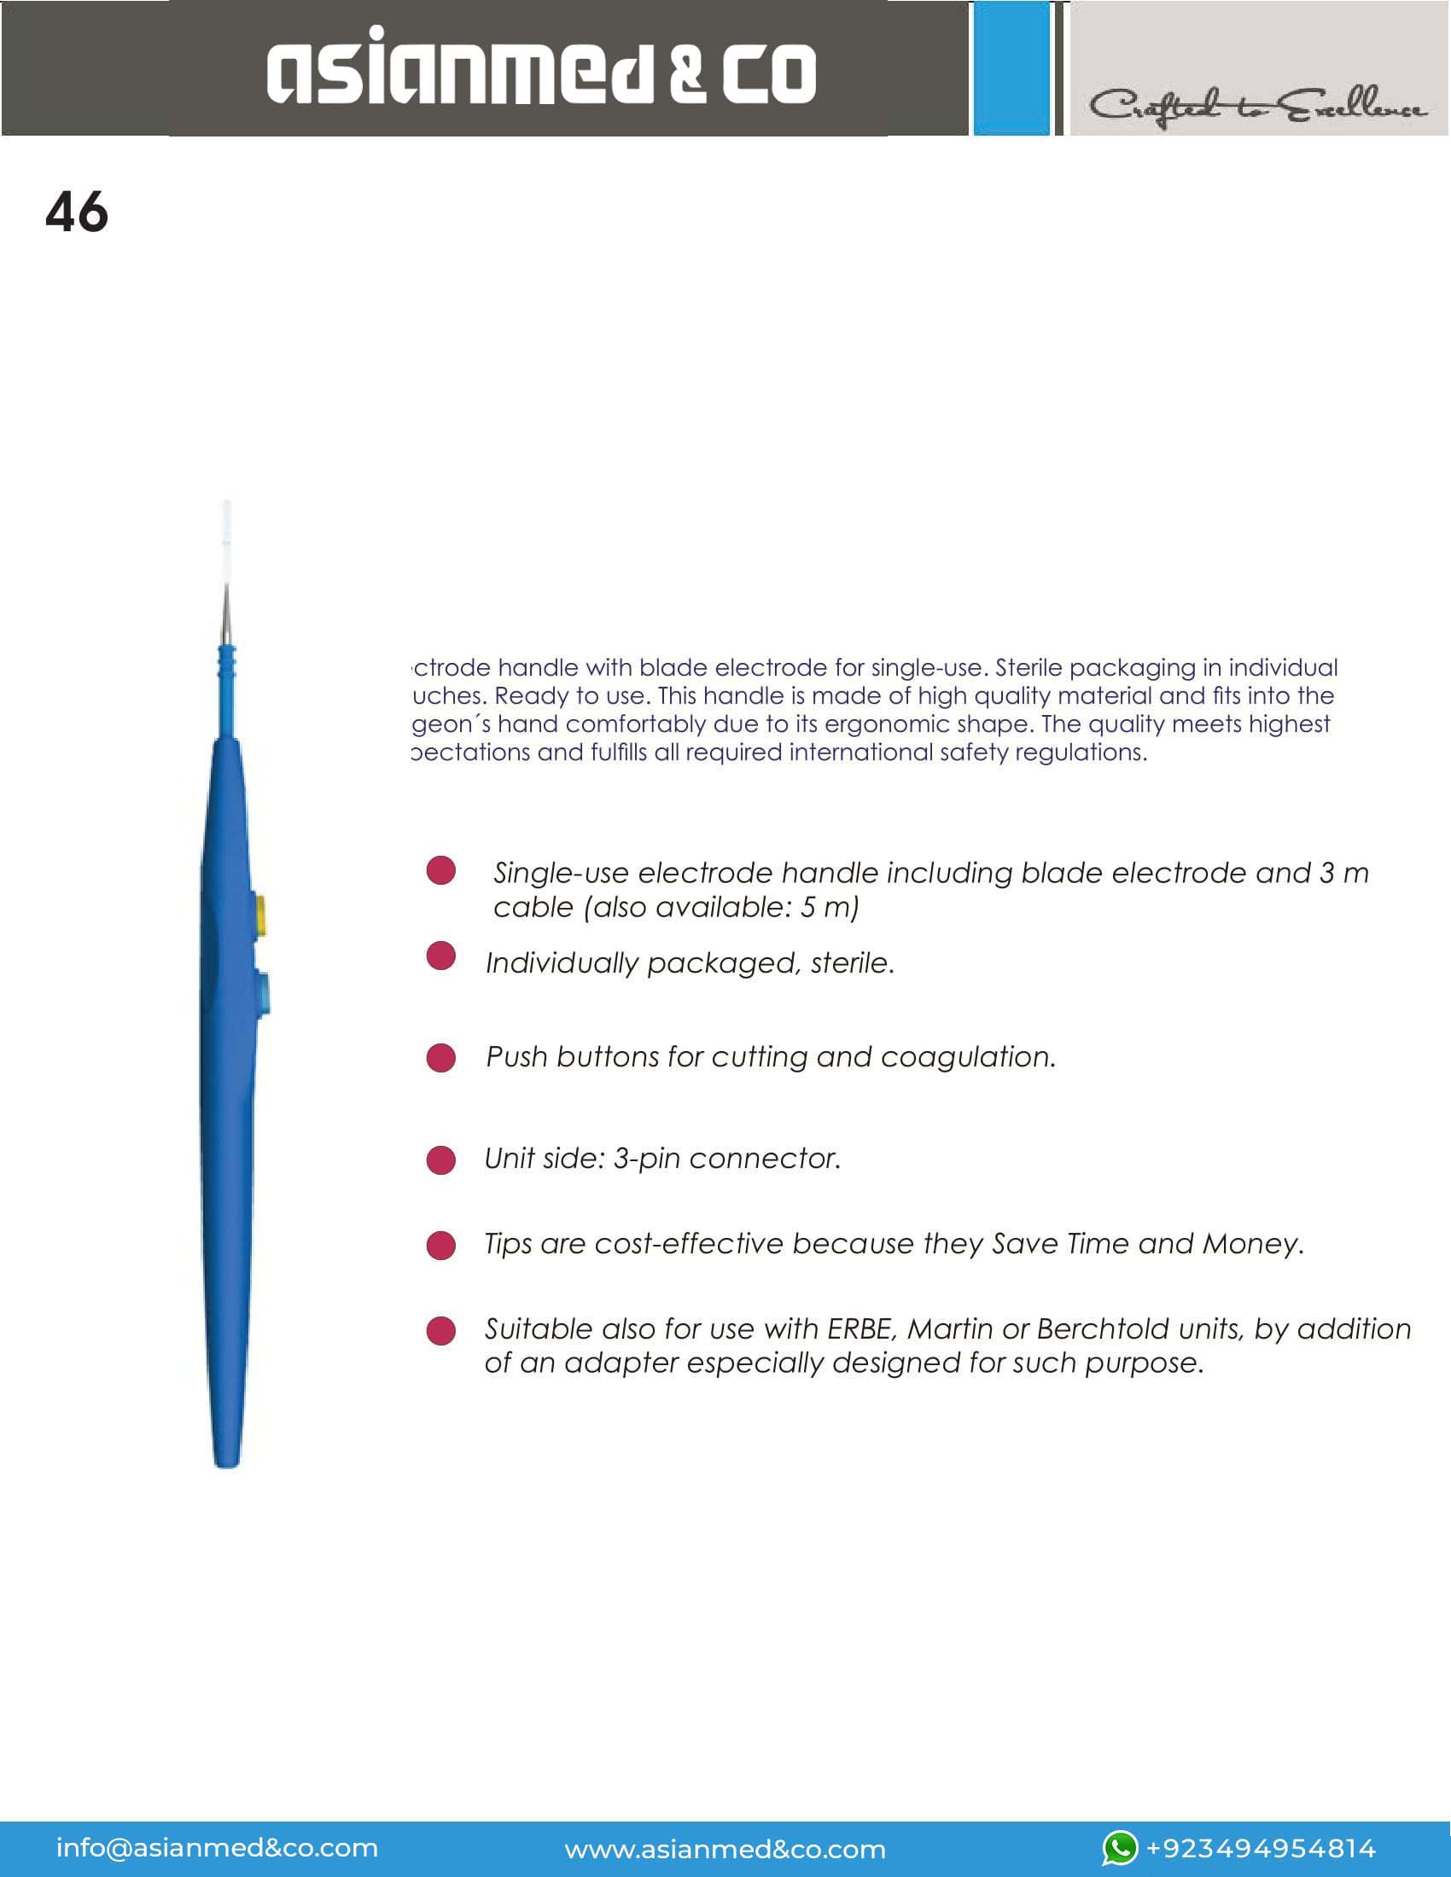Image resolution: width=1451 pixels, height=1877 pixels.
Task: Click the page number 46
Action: [77, 212]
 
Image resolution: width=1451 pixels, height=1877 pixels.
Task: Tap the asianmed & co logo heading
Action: [541, 68]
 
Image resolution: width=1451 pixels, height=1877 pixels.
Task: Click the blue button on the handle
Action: [261, 991]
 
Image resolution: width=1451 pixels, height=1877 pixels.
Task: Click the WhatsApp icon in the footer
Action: [1120, 1848]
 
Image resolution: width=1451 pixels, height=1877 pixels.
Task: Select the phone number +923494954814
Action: [1261, 1849]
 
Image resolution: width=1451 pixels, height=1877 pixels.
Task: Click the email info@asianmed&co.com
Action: [217, 1848]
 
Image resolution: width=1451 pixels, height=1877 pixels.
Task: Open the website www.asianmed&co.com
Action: [725, 1849]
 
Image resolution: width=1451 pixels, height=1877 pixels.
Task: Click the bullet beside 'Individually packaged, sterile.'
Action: [441, 956]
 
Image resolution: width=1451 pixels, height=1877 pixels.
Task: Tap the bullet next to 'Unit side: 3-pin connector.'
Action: [441, 1160]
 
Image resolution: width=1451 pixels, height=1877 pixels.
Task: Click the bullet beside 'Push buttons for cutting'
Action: [441, 1058]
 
